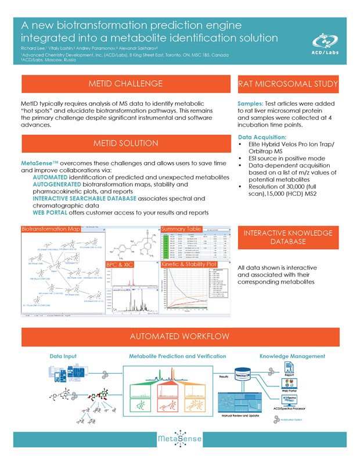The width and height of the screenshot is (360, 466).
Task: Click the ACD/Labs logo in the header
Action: [326, 42]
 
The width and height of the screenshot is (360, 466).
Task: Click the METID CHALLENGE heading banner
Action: [125, 84]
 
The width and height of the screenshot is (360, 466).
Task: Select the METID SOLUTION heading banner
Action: [125, 144]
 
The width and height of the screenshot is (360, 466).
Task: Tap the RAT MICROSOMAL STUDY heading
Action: [289, 84]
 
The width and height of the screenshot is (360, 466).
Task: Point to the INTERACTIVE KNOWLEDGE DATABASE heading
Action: [289, 237]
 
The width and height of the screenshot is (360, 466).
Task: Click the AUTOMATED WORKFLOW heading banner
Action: [180, 337]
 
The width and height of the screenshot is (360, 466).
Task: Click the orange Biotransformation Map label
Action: [50, 230]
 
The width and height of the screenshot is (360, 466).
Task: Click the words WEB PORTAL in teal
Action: [53, 213]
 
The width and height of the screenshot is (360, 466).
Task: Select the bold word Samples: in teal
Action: [251, 103]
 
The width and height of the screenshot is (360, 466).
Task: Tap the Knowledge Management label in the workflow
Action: [291, 356]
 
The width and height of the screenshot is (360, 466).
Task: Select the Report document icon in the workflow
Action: [289, 368]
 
